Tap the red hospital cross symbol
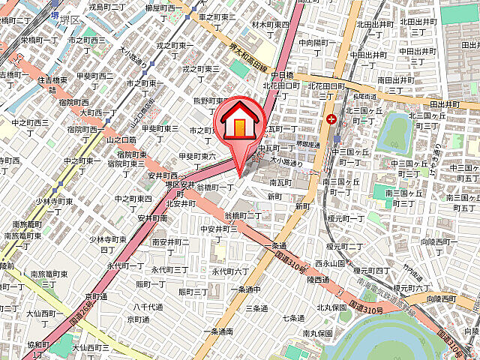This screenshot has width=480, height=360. (331, 118)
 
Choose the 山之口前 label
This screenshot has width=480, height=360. (121, 139)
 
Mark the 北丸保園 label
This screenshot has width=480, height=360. (330, 307)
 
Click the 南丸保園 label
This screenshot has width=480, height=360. (317, 332)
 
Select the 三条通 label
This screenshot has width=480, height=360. (256, 307)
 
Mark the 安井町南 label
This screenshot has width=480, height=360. (151, 217)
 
